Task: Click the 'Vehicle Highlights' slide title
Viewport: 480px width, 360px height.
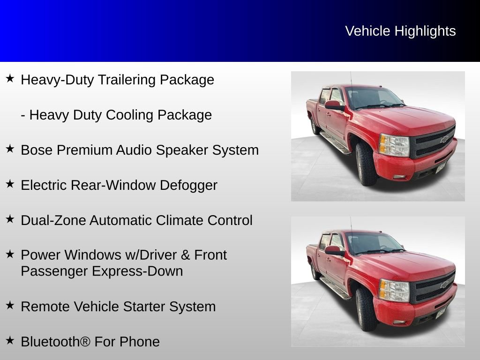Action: [x=400, y=31]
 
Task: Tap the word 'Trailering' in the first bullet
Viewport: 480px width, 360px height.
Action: [x=127, y=80]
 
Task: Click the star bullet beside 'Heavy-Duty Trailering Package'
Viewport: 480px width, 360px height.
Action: [x=10, y=78]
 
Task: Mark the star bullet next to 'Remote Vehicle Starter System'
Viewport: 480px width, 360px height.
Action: [x=10, y=305]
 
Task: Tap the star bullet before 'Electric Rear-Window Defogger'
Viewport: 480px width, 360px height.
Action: [x=10, y=184]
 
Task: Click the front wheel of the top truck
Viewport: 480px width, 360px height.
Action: [x=366, y=164]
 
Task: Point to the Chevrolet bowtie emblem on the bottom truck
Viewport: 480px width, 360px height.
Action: [x=443, y=284]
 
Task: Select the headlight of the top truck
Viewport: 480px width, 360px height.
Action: [x=394, y=145]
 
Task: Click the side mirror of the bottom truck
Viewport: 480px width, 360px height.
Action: [x=334, y=251]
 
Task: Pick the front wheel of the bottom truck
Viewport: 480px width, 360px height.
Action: [x=366, y=309]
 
